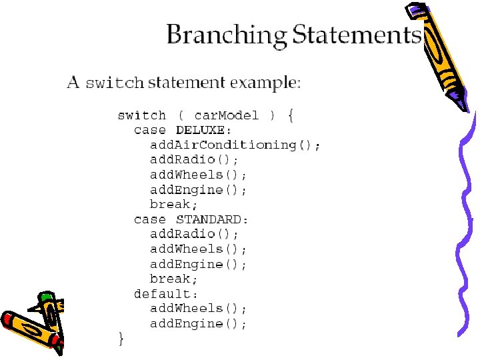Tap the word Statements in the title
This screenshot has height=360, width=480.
[357, 35]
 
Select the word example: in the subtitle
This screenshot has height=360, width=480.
[265, 83]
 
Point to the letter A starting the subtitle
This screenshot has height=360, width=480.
[73, 83]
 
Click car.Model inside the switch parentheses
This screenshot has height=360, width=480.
[227, 115]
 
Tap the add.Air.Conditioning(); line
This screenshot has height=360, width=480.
[235, 145]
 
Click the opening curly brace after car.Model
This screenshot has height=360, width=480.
[291, 115]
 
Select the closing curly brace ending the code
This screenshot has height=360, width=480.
[121, 339]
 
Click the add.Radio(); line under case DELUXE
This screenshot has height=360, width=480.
[194, 160]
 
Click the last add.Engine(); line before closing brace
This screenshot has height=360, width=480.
[199, 324]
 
